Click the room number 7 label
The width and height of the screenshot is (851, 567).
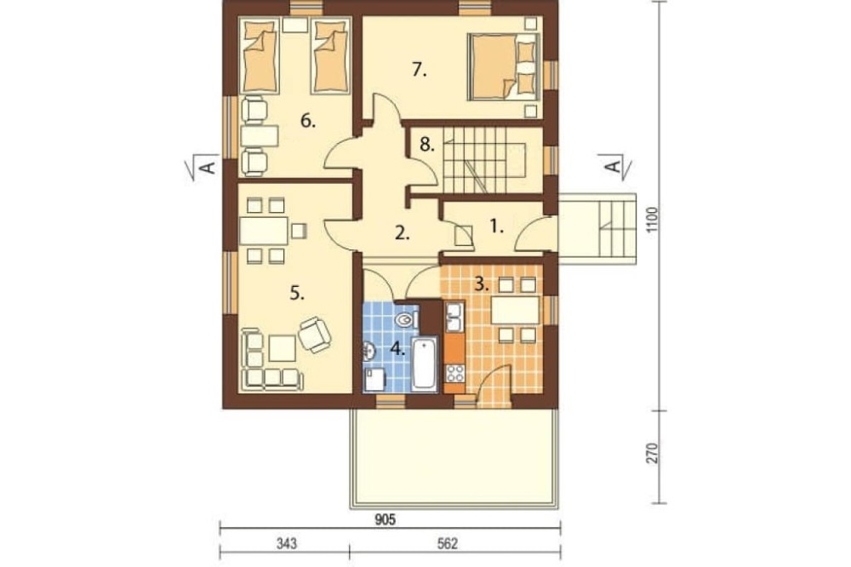[x=419, y=70]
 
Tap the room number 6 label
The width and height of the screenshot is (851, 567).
[x=308, y=121]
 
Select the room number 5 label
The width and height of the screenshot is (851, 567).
[x=297, y=293]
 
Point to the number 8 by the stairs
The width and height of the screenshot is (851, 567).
[x=427, y=145]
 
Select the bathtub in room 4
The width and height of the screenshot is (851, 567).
[x=425, y=364]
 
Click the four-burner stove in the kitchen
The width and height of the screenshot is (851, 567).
[x=454, y=373]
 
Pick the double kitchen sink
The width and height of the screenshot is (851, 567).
[x=454, y=317]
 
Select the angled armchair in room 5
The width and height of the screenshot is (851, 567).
[x=315, y=334]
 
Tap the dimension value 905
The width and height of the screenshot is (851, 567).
[x=386, y=519]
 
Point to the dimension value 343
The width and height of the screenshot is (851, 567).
[x=286, y=544]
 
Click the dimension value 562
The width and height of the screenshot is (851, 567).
[x=448, y=544]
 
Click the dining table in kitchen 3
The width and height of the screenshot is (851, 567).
[x=515, y=310]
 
